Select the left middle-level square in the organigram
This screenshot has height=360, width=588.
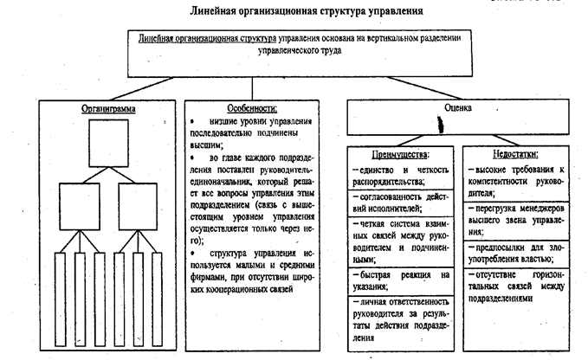pos(81,206)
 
